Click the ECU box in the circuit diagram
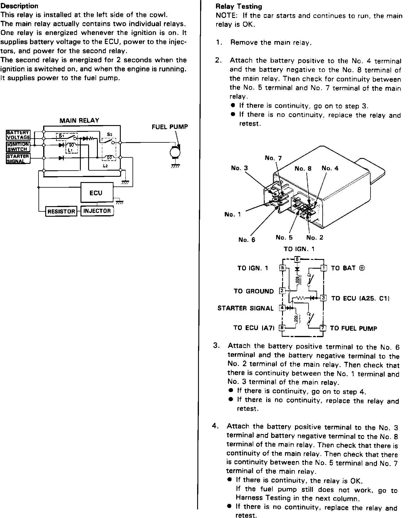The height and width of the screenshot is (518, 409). coord(96,193)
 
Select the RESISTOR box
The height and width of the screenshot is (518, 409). coord(61,211)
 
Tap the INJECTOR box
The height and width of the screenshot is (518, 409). coord(97,211)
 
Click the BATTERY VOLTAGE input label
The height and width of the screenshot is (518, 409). coord(18,135)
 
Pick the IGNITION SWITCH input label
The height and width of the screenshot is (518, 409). coord(18,147)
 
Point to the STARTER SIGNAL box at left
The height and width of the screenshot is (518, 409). coord(18,159)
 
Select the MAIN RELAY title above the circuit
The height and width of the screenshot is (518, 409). coord(79,120)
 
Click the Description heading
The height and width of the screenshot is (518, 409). coord(19,6)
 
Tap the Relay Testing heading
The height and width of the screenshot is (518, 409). coord(239,6)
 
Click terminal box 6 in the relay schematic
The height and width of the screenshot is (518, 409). coord(297,259)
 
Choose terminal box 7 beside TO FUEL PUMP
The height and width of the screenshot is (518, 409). coord(323,328)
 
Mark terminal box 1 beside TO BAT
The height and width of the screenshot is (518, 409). coord(323,268)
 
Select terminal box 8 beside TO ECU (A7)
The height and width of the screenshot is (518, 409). coord(282,328)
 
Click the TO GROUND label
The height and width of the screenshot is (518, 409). coord(254,291)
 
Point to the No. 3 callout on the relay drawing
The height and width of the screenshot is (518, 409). coord(239,168)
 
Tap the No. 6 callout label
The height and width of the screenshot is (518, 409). coord(247,240)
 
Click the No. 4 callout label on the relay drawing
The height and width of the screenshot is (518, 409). coord(330,168)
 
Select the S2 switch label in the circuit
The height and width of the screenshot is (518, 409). coord(109,134)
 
